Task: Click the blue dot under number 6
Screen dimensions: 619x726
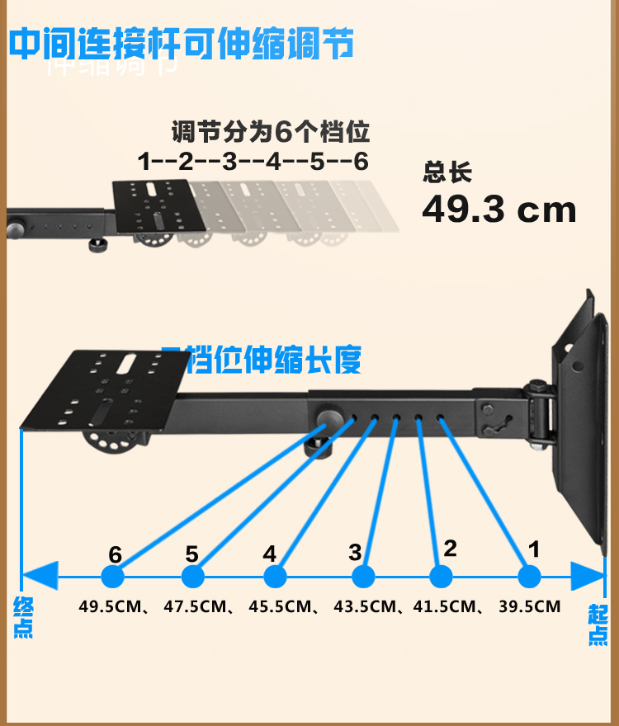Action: point(112,575)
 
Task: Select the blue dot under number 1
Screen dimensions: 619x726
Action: point(528,575)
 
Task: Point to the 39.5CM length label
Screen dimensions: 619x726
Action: point(529,607)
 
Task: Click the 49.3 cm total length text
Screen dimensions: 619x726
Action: point(499,210)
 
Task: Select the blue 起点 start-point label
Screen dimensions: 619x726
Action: point(598,625)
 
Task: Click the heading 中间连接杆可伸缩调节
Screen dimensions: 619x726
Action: point(182,43)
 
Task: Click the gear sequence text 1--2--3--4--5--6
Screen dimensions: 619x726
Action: point(253,161)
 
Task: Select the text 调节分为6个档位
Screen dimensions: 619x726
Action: point(270,132)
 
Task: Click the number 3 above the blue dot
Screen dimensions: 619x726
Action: point(356,550)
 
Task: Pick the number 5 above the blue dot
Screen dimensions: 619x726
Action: point(192,553)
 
